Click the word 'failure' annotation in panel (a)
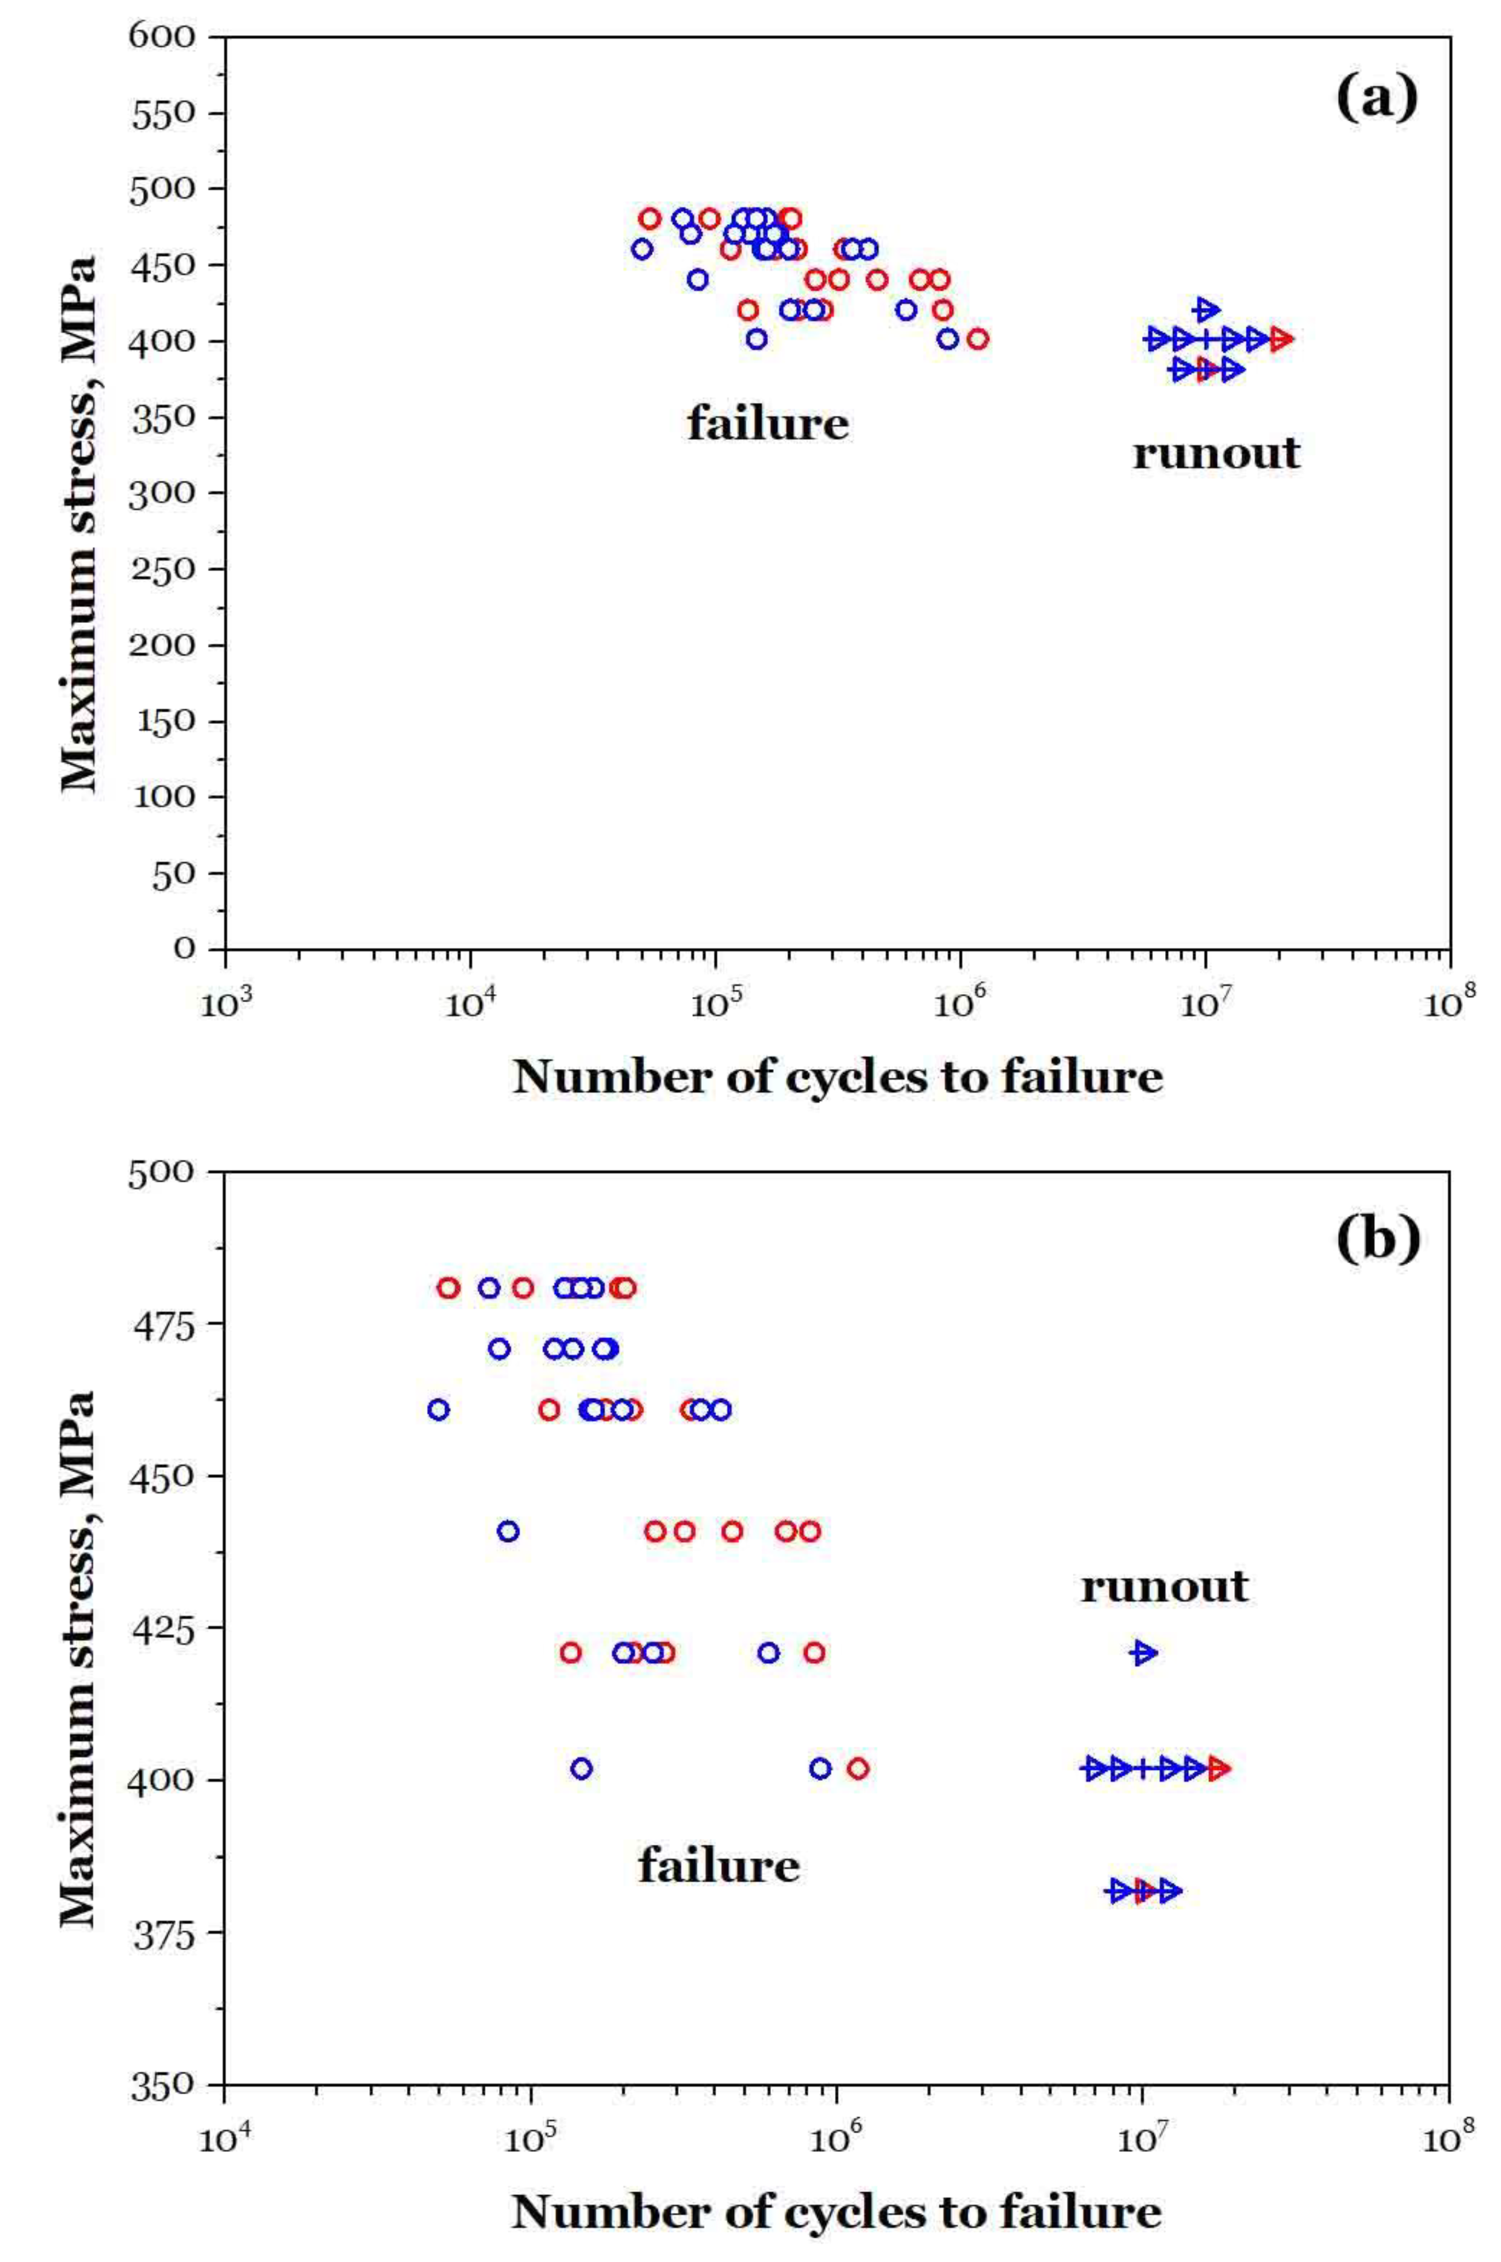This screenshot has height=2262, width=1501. coord(767,423)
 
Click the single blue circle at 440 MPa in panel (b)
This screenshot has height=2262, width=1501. coord(508,1531)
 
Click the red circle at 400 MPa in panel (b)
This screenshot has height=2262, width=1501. coord(858,1768)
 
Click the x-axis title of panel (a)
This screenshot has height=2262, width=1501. coord(838,1078)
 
